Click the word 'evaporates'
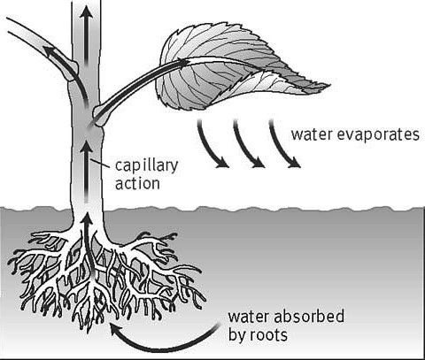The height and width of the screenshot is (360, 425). click(378, 135)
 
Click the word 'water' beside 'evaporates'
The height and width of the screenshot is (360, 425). click(312, 134)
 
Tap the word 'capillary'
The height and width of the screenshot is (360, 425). click(147, 166)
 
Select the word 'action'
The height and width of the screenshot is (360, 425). click(137, 183)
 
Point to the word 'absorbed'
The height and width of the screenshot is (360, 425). click(309, 317)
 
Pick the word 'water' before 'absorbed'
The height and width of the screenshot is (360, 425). click(249, 318)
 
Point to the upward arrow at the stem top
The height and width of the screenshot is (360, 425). click(86, 35)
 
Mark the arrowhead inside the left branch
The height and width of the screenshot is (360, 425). click(50, 50)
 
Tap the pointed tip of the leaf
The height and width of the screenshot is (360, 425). click(329, 86)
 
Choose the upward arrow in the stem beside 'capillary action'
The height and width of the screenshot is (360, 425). click(86, 172)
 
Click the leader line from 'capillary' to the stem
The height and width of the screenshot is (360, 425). click(101, 163)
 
